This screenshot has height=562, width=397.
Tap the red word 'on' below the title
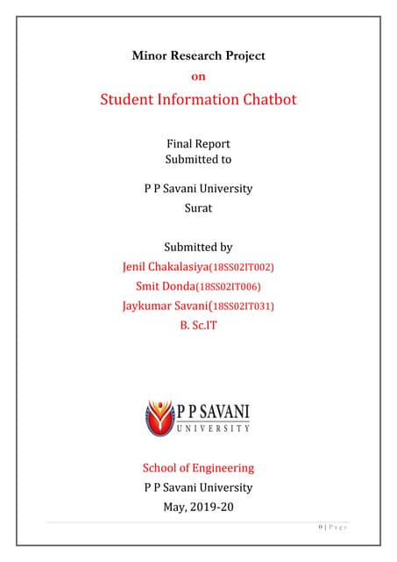(x=198, y=76)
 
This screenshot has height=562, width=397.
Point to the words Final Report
(x=198, y=143)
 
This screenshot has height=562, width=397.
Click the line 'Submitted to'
(x=198, y=159)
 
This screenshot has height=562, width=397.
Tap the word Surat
(x=198, y=209)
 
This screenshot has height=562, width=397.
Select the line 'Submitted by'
(x=198, y=248)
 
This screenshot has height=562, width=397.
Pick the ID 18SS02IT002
(x=248, y=267)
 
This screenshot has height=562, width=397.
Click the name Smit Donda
(x=167, y=286)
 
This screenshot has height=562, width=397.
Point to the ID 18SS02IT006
(x=230, y=287)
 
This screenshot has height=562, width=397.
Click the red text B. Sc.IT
(x=198, y=326)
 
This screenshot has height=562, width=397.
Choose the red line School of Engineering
(x=198, y=467)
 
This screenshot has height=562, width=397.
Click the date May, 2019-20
(x=198, y=507)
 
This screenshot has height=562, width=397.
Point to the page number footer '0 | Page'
(x=334, y=527)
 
